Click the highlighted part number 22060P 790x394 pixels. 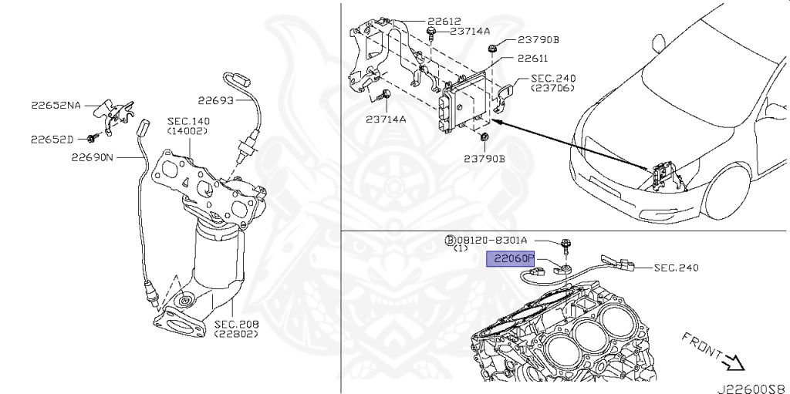[510, 260]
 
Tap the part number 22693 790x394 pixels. [216, 101]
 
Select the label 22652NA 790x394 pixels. [56, 106]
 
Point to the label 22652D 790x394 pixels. [52, 140]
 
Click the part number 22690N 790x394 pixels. [93, 158]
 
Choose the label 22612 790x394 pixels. [444, 21]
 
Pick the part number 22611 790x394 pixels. [532, 59]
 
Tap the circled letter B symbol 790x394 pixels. [450, 241]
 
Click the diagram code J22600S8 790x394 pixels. [753, 389]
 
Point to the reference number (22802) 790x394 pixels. [236, 334]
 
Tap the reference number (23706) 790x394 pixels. [552, 88]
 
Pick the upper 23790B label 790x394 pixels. [538, 40]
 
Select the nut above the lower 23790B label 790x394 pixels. [484, 136]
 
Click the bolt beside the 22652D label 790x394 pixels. [93, 137]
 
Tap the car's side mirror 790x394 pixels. [659, 43]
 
